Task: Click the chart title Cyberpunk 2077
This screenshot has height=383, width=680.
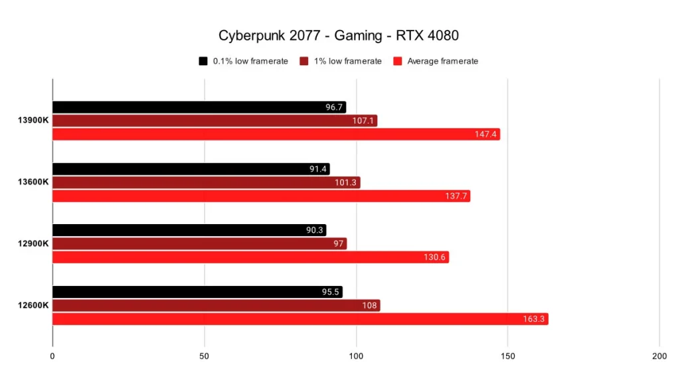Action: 339,35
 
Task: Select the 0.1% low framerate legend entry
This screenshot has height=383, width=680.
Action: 244,61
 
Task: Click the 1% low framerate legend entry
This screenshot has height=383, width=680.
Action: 341,61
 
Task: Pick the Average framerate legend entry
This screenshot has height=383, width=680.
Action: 436,61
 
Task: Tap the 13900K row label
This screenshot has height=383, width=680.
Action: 33,120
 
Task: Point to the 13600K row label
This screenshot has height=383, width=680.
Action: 33,182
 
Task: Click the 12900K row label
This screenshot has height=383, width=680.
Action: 33,243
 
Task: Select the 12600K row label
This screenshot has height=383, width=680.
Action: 33,305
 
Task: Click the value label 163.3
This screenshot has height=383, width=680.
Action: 533,319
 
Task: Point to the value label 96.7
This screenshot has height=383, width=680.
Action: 333,107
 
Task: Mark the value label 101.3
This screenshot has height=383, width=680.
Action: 347,182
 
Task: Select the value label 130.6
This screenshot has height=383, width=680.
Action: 436,257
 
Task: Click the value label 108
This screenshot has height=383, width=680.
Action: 369,305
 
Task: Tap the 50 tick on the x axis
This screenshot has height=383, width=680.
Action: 205,356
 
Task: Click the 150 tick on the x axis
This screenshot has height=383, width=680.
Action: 507,356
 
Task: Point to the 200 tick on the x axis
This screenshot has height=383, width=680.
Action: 659,356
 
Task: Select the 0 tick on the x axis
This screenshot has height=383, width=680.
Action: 52,356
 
